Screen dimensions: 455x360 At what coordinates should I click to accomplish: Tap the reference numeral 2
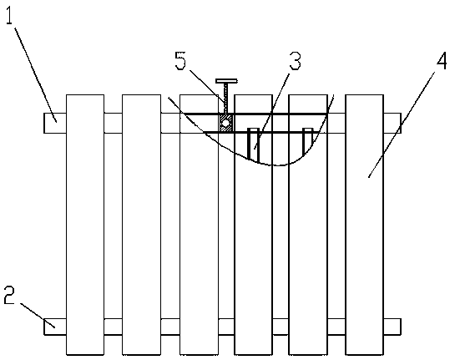point(9,295)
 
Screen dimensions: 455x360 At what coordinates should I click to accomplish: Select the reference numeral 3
point(295,61)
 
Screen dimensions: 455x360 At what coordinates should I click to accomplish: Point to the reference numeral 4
point(442,61)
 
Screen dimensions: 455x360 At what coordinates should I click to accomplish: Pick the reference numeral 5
point(180,61)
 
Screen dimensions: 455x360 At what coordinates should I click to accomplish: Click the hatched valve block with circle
point(225,123)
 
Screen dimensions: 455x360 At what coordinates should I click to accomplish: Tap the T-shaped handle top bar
point(226,81)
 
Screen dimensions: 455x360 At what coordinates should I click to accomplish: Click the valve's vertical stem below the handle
point(225,99)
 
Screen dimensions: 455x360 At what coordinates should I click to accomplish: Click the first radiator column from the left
point(85,225)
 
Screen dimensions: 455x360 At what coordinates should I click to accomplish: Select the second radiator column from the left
point(141,225)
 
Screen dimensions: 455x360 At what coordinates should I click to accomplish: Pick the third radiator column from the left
point(199,225)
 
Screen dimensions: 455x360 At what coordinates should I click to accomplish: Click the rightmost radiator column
point(365,225)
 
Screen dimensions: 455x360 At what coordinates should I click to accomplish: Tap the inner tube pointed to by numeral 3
point(253,145)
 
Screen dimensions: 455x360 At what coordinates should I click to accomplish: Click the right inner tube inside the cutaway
point(307,141)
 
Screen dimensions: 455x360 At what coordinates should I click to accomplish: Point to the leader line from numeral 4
point(402,124)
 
